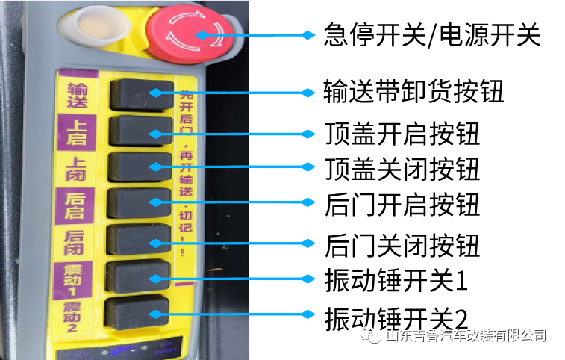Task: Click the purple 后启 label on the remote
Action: (75, 202)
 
